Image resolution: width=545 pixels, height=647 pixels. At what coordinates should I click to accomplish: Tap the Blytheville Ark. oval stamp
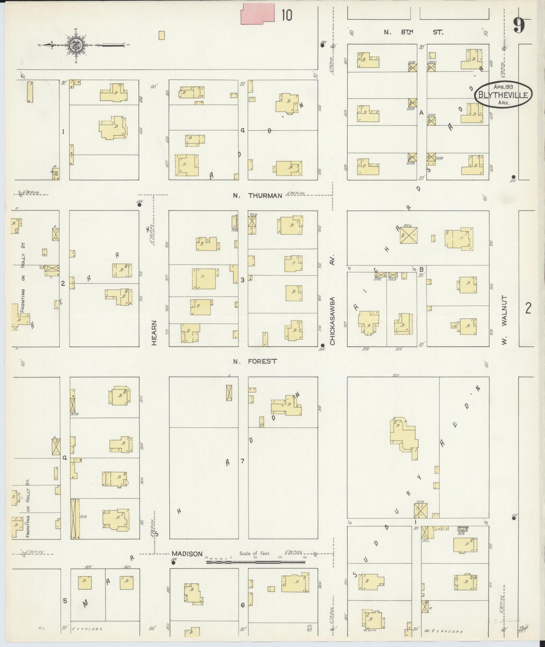pos(503,95)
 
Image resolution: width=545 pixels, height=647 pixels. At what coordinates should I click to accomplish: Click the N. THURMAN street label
pos(257,195)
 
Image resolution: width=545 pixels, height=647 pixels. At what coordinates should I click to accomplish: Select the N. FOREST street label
pos(255,361)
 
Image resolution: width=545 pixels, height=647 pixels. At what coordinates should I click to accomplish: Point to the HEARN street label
pos(154,333)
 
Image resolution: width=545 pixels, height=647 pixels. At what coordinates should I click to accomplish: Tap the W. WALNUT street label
pos(504,320)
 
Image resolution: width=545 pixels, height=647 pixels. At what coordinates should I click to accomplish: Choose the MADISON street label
pos(187,554)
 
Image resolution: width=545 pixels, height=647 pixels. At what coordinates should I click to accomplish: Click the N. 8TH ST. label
pos(413,32)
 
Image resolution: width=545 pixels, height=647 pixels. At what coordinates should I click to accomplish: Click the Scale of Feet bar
pos(255,562)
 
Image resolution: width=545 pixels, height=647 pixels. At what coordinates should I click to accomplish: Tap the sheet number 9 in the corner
pos(519,25)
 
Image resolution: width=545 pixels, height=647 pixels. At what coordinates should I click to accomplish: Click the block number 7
pos(242,461)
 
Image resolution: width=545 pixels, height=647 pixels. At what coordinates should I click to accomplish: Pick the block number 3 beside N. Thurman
pos(242,280)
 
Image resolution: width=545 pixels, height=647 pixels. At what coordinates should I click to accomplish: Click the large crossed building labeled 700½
pos(409,235)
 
